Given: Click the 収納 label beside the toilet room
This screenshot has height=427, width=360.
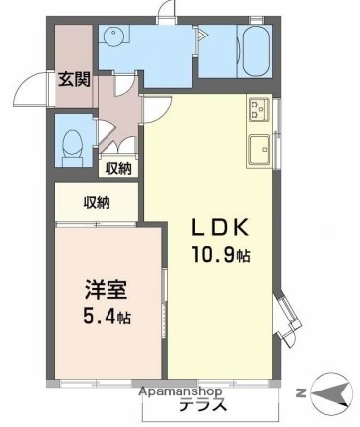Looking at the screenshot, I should click(x=118, y=168).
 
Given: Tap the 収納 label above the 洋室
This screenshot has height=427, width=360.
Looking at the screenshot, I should click(x=97, y=203).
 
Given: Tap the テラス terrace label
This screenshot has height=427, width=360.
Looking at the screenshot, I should click(x=202, y=405).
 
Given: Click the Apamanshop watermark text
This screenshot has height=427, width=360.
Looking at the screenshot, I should click(x=180, y=391).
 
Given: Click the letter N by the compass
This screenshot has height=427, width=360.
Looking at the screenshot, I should click(x=300, y=392).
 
